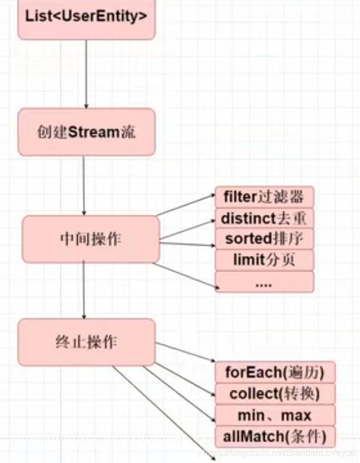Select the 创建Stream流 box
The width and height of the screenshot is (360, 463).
[86, 132]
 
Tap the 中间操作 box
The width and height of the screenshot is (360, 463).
[91, 239]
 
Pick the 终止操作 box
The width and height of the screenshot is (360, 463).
[86, 342]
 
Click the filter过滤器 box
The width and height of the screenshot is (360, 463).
[264, 197]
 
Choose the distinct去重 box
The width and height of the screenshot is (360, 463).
[264, 218]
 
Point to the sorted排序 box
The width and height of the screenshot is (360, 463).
[264, 238]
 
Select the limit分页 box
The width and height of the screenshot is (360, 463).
[264, 260]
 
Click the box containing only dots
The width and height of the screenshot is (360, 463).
[264, 282]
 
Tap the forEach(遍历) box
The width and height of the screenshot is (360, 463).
[275, 373]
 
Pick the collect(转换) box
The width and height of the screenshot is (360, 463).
[275, 394]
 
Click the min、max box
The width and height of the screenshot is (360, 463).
[275, 415]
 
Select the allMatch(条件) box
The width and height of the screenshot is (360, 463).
[275, 437]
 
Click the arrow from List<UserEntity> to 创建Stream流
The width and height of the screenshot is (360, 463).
[86, 74]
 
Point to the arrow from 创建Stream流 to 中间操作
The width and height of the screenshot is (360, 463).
[84, 186]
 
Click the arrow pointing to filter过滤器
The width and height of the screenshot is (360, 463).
[186, 206]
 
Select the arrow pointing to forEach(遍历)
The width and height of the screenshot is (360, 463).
[186, 353]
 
